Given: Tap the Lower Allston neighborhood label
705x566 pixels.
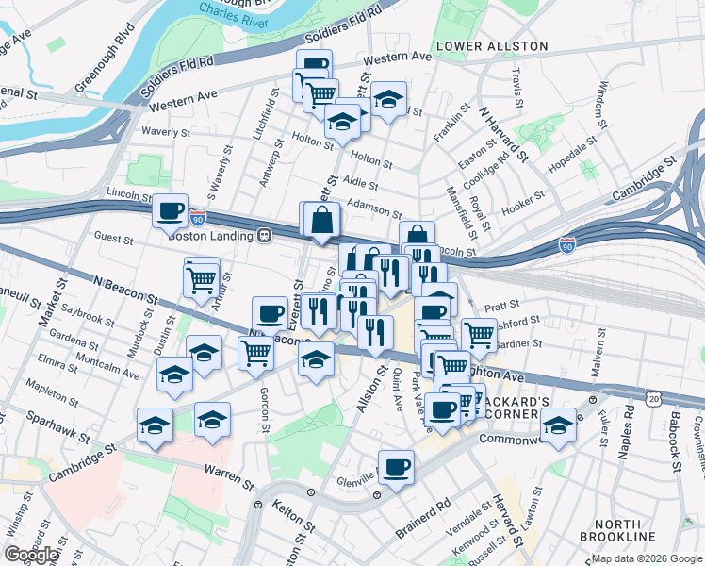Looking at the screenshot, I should click(x=491, y=45).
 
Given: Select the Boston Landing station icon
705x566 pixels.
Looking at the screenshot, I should click(x=267, y=235).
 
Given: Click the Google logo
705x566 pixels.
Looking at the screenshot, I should click(x=31, y=555).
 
